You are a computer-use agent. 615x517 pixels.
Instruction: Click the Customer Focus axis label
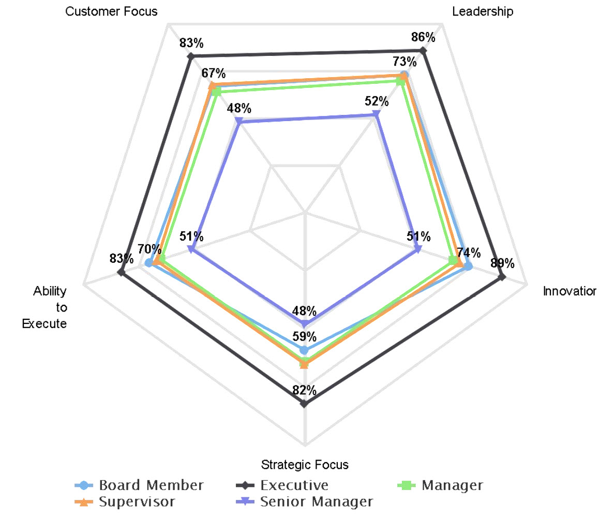(112, 11)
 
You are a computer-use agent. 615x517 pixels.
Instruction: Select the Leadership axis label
(483, 11)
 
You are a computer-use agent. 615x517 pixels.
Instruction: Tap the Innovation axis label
(569, 291)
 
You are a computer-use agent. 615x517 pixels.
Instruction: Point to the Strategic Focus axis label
(305, 464)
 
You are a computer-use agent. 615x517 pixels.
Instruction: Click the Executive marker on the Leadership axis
(423, 50)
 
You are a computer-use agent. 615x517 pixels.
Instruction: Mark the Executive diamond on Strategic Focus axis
(304, 404)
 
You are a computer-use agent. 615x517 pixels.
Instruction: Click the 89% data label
(503, 263)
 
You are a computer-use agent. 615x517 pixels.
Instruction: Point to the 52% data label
(376, 100)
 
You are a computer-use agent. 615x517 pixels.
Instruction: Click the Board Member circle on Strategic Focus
(304, 350)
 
